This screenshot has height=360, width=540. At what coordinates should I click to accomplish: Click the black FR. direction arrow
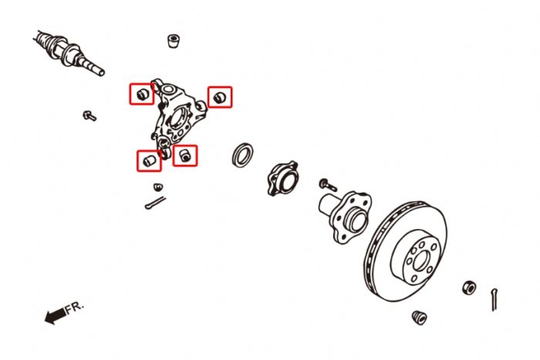[55, 315]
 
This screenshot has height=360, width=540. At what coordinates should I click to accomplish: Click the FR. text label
[74, 307]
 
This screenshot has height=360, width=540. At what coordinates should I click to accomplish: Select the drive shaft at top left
[69, 52]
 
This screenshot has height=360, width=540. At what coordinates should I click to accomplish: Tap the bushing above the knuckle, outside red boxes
[174, 41]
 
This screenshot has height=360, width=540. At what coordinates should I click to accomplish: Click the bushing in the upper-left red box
[142, 94]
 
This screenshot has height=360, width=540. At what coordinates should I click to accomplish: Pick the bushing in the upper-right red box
[220, 97]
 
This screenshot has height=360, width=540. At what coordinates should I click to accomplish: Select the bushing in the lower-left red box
[149, 160]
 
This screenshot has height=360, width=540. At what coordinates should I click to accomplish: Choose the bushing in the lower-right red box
[185, 156]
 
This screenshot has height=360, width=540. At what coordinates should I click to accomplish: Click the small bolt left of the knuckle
[89, 116]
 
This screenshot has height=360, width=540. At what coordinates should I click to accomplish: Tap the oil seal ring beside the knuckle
[242, 155]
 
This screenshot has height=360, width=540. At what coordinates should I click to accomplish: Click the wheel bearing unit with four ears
[282, 178]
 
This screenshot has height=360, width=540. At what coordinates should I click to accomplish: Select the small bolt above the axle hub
[328, 185]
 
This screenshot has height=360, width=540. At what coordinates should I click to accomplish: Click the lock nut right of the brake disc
[469, 288]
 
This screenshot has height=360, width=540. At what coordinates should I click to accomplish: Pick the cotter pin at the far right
[494, 300]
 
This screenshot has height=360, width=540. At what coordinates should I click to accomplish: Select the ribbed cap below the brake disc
[420, 318]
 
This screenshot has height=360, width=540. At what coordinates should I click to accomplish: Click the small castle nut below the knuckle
[158, 187]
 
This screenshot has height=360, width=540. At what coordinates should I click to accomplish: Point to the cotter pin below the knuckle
[155, 203]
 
